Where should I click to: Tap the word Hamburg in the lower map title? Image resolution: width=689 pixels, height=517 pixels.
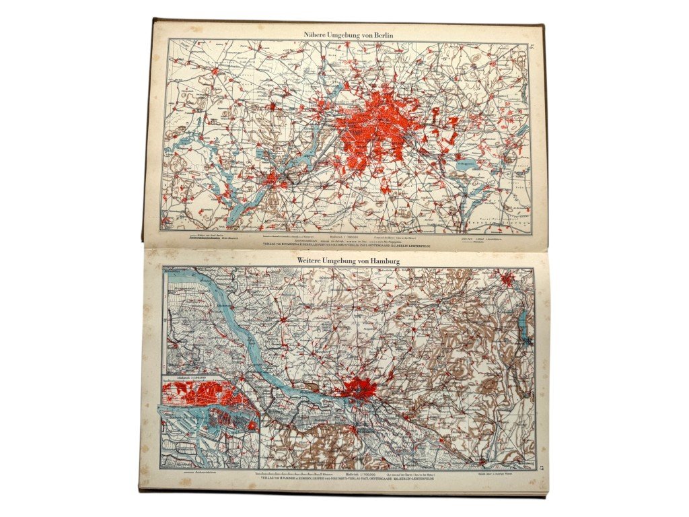pos(382,261)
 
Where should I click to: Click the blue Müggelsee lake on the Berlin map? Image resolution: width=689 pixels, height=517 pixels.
pos(466,164)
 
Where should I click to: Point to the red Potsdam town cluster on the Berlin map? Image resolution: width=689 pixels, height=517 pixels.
pos(273,178)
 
